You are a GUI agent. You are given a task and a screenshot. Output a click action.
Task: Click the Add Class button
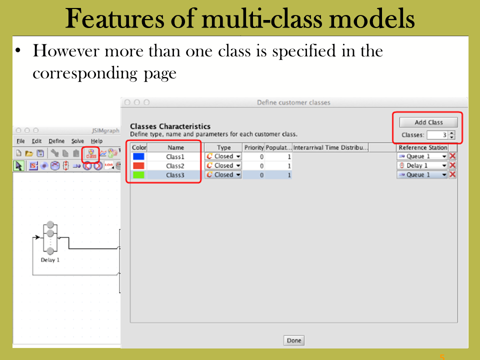point(428,122)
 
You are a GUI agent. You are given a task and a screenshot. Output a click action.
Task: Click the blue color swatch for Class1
point(138,156)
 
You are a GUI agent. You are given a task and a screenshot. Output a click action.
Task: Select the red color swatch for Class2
point(138,166)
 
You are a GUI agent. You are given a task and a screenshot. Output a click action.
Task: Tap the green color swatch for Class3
point(138,175)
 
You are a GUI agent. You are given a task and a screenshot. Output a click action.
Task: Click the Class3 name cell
point(175,175)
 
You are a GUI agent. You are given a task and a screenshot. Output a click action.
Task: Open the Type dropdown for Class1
point(223,156)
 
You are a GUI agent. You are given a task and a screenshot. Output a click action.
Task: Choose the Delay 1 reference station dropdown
point(422,165)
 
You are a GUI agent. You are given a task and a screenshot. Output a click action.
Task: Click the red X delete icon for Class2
point(452,165)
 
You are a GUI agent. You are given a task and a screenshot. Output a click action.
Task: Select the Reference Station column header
point(423,147)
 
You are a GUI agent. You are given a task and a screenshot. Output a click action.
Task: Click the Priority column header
point(254,147)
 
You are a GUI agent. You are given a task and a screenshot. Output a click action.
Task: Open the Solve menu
point(77,141)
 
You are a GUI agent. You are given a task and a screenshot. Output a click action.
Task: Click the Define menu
point(56,141)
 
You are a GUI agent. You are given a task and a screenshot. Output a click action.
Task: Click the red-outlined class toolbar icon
point(91,153)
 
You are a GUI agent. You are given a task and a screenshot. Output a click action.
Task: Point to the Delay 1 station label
point(50,260)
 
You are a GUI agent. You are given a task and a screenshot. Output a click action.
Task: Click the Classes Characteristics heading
point(170,126)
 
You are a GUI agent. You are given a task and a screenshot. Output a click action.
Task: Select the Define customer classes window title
point(293,102)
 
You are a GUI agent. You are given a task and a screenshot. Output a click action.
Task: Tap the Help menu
point(96,141)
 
